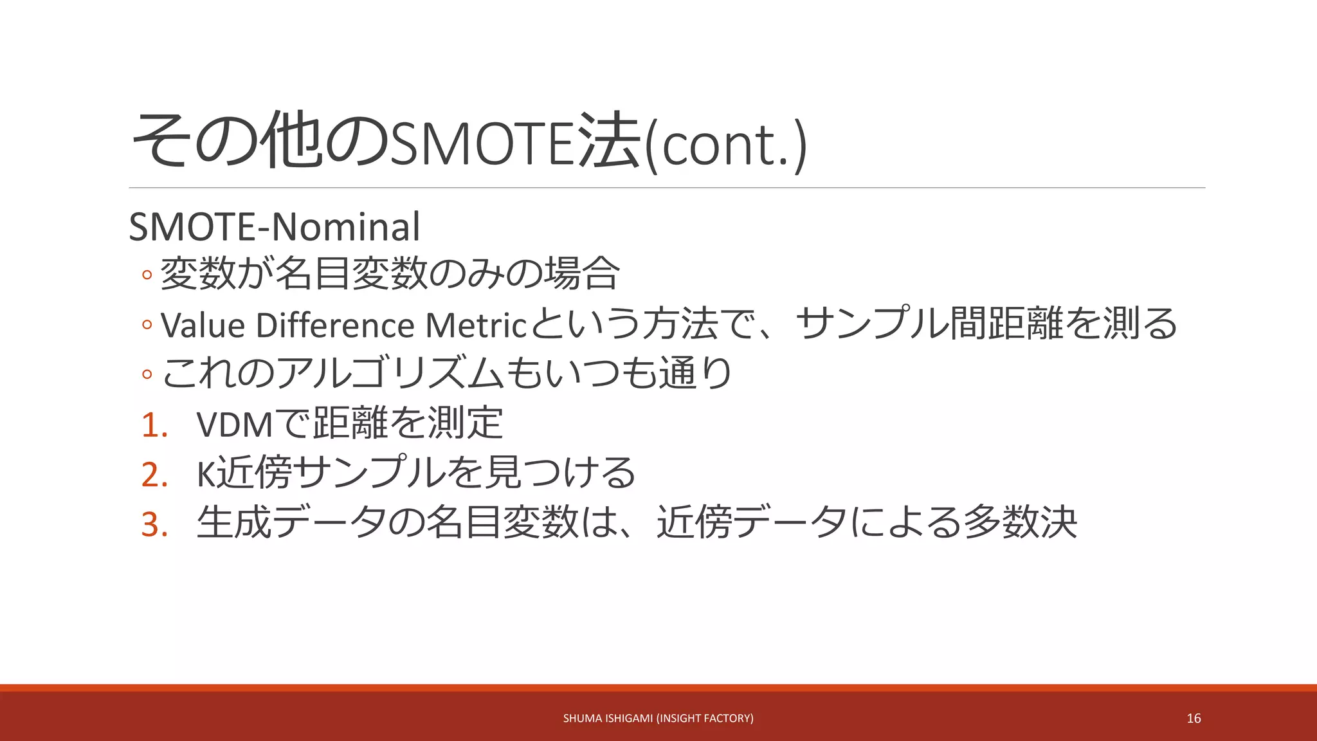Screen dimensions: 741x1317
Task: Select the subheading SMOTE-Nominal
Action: click(275, 226)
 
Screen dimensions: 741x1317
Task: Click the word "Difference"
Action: click(334, 325)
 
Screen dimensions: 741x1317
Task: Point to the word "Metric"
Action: click(476, 325)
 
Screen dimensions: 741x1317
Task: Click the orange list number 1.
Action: click(154, 425)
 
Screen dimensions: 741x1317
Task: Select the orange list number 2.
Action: click(154, 475)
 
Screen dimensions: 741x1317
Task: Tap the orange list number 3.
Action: click(154, 524)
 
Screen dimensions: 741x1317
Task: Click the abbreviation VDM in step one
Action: click(235, 425)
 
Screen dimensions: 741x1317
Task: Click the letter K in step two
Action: click(205, 475)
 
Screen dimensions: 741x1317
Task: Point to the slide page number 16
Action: click(1194, 718)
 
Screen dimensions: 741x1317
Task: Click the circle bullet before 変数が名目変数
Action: click(147, 275)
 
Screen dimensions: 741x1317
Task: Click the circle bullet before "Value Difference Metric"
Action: click(147, 325)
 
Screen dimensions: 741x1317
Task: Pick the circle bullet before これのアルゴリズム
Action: click(147, 374)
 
